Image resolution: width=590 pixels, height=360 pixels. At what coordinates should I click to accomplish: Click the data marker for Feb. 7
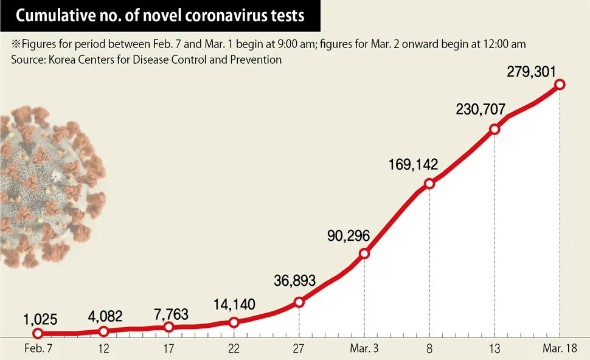(x=38, y=333)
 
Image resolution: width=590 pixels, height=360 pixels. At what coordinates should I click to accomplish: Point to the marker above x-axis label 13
(x=495, y=129)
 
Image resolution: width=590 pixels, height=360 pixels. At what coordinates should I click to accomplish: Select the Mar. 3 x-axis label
(x=364, y=350)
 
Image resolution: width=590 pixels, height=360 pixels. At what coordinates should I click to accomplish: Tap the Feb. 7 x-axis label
(x=38, y=350)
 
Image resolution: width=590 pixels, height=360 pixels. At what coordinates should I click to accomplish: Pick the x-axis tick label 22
(x=234, y=350)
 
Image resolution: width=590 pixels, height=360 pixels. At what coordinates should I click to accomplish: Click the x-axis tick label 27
(x=299, y=350)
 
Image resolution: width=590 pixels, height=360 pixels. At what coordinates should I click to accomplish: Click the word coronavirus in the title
(x=212, y=16)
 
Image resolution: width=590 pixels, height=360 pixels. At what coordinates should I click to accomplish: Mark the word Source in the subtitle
(x=26, y=60)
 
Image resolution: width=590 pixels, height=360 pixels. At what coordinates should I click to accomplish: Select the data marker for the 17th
(x=168, y=327)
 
